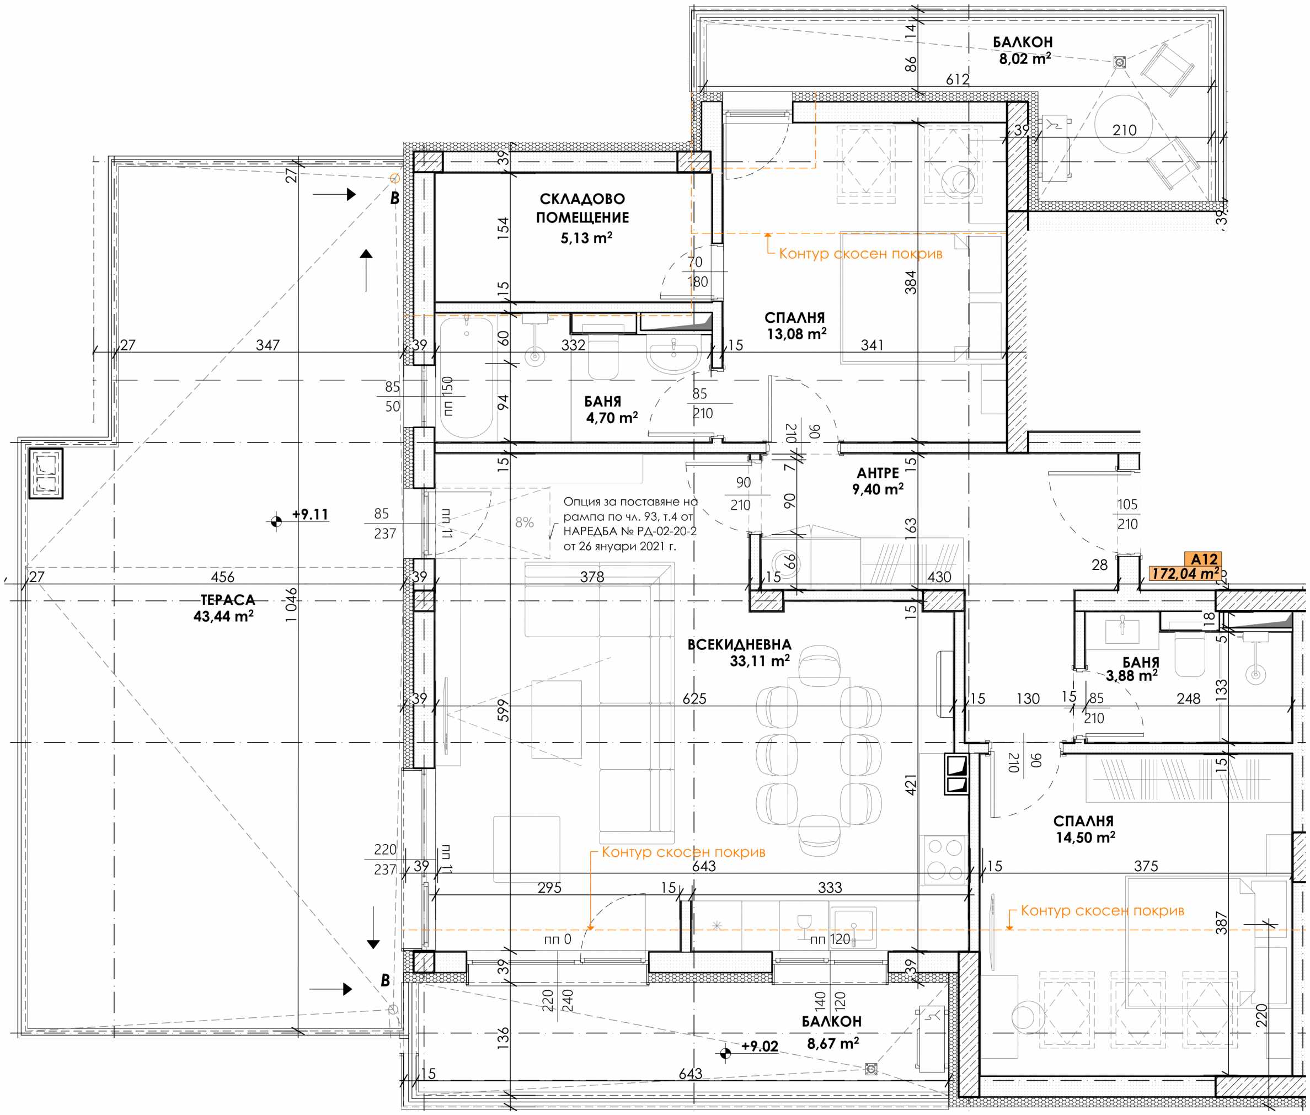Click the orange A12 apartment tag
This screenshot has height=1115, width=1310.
pos(1204,559)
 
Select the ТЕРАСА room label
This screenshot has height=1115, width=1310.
pos(227,600)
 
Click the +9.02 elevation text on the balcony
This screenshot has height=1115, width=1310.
pos(760,1046)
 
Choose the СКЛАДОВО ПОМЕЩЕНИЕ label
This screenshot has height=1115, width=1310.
pos(582,208)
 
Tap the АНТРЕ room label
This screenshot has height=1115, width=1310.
pos(878,473)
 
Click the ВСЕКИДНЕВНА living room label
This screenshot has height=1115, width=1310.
pos(739,645)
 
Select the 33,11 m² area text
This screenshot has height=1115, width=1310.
pos(760,661)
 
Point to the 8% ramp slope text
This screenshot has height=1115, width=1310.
pos(525,522)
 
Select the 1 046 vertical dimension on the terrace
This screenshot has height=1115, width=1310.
pos(291,605)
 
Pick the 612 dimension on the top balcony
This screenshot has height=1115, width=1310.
pos(958,79)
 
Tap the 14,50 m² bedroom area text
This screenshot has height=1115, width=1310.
pos(1085,837)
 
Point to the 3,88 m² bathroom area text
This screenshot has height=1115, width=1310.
pos(1132,676)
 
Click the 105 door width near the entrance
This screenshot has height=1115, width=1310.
pos(1127,504)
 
